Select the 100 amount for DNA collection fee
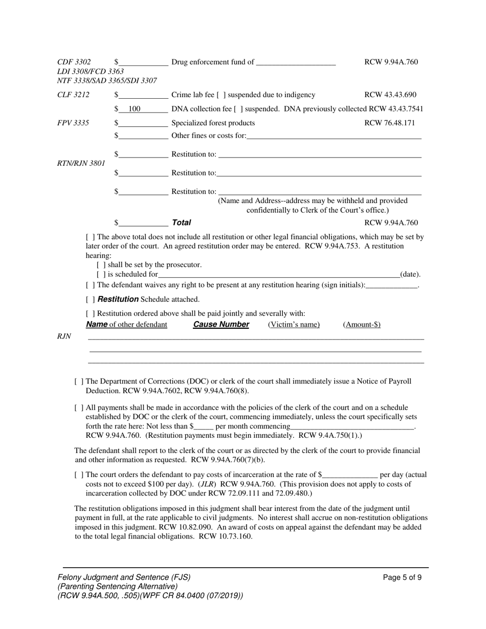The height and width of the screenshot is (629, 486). point(134,109)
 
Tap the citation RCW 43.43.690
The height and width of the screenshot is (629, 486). point(390,95)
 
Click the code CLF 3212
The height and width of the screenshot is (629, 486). point(73,95)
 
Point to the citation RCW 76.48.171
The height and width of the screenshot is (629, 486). point(389,123)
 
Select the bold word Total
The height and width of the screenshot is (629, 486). point(181,222)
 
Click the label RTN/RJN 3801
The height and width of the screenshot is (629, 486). point(81,163)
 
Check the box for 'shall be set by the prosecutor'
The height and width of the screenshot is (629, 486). point(101,265)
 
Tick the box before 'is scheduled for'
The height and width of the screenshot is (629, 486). point(101,275)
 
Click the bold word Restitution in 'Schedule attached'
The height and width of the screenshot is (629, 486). point(118,299)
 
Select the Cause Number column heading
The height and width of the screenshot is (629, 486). point(221,325)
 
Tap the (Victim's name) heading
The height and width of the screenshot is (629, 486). point(294,325)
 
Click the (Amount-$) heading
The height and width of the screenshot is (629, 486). point(361,325)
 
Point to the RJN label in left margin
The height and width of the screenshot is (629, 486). point(64,336)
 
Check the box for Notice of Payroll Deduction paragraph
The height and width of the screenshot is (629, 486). point(79,381)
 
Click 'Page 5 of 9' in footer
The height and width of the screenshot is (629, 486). point(402,578)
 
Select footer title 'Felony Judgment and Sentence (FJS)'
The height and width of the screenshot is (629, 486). point(124,577)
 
